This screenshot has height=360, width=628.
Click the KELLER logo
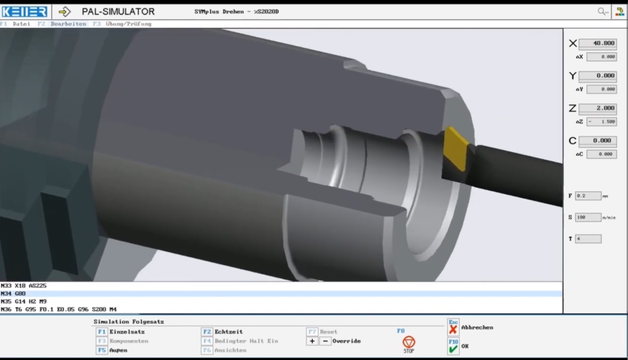24,12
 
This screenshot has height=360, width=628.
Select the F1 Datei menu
15,24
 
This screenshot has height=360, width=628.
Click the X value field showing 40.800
597,44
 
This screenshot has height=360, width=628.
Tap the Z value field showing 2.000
597,109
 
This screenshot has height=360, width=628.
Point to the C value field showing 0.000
597,141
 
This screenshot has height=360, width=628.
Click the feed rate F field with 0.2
588,196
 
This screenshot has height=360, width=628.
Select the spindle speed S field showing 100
588,217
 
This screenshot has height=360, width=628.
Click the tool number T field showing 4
588,239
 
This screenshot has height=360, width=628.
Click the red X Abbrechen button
453,329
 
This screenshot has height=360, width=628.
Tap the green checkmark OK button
453,348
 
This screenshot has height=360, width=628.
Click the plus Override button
312,341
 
